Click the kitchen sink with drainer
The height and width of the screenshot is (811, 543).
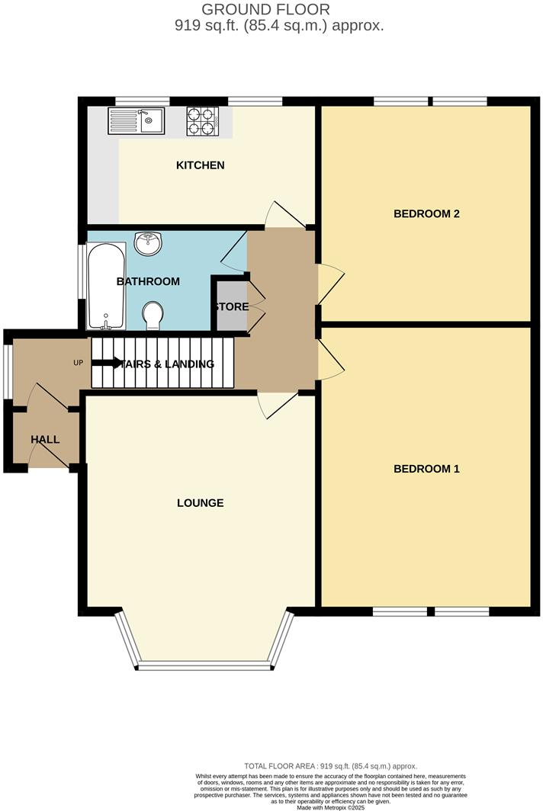tap(136, 120)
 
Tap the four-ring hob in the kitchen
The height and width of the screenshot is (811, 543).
tap(203, 120)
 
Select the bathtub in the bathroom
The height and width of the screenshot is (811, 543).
tap(106, 285)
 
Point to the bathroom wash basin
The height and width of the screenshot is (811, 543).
tap(147, 244)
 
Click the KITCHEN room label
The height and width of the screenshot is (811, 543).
tap(201, 165)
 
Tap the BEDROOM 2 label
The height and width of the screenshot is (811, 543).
tap(426, 213)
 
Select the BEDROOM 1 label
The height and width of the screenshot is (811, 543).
tap(426, 469)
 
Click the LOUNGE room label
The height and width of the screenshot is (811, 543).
tap(201, 503)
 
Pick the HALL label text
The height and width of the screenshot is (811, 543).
tap(45, 440)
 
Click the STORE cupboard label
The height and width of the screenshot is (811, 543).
tap(231, 307)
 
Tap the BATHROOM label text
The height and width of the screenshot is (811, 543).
tap(148, 281)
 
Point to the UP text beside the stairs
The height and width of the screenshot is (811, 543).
tap(78, 363)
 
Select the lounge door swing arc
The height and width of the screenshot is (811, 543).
tap(270, 406)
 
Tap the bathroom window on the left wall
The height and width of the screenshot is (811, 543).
tap(82, 271)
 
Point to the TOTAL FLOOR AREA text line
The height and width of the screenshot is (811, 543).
tap(330, 766)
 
